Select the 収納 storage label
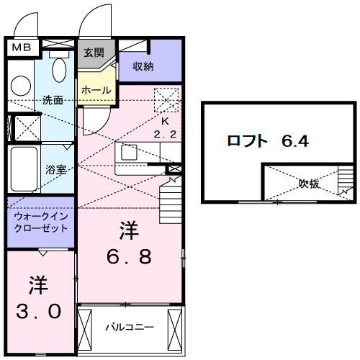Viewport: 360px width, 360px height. (x=143, y=66)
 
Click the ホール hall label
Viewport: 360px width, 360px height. (x=96, y=91)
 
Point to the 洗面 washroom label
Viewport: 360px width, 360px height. (x=53, y=100)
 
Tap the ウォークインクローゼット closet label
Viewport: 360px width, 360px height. (x=40, y=222)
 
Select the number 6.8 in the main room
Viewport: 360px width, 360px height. (x=129, y=256)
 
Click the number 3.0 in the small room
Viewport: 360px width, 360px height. (x=39, y=312)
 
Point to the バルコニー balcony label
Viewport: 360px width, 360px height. (x=129, y=327)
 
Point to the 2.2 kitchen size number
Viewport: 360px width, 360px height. (x=165, y=134)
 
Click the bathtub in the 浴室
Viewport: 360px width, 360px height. (x=23, y=169)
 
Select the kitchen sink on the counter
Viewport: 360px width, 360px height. (x=130, y=153)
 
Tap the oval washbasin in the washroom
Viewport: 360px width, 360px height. (x=60, y=71)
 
